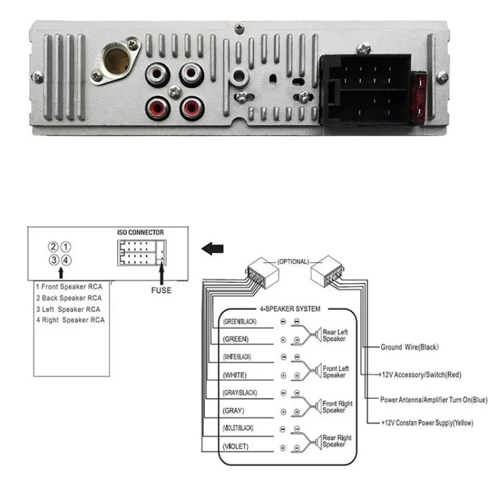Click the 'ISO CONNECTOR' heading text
pyautogui.click(x=140, y=233)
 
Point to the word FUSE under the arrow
pyautogui.click(x=161, y=290)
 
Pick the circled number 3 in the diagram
pyautogui.click(x=54, y=260)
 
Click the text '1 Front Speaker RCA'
pyautogui.click(x=68, y=286)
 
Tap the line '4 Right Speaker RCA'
pyautogui.click(x=70, y=320)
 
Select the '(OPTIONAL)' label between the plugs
pyautogui.click(x=293, y=261)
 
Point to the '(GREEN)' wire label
pyautogui.click(x=235, y=339)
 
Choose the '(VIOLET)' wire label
pyautogui.click(x=235, y=447)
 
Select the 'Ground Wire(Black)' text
pyautogui.click(x=409, y=347)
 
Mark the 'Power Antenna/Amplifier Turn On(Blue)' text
pyautogui.click(x=434, y=400)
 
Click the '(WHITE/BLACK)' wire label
pyautogui.click(x=237, y=356)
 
